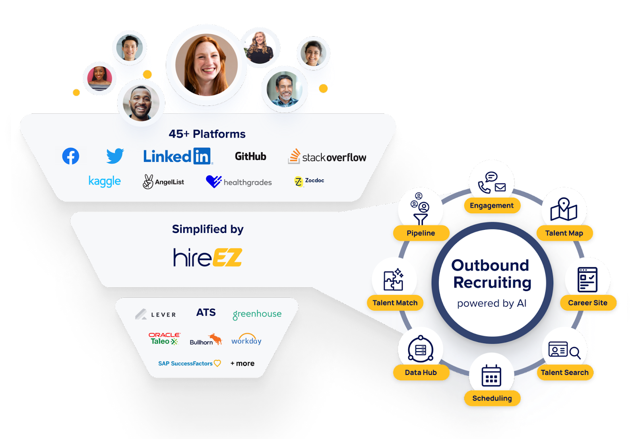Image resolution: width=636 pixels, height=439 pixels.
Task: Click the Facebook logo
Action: [71, 156]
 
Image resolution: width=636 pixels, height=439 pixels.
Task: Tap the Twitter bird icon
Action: [115, 156]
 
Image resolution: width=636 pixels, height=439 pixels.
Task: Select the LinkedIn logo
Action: [178, 156]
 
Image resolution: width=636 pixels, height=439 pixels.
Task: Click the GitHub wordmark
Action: [250, 156]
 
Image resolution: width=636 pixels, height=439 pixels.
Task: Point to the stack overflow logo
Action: [327, 157]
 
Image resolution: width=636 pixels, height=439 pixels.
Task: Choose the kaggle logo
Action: [105, 181]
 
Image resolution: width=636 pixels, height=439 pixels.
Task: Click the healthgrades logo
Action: [239, 182]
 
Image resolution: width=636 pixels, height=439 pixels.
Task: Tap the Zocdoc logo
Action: [309, 181]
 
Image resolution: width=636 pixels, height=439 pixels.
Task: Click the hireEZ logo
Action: [207, 257]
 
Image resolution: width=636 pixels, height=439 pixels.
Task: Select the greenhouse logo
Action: [257, 314]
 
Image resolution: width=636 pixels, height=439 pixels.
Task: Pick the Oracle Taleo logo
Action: [164, 338]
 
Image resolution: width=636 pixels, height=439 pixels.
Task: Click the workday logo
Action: [246, 339]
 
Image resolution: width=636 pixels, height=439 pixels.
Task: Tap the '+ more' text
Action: [242, 363]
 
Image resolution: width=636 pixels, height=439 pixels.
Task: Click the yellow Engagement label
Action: [492, 206]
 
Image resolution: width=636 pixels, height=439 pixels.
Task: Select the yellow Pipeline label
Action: [421, 233]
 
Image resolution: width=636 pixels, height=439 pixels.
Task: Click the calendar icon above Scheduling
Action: [491, 375]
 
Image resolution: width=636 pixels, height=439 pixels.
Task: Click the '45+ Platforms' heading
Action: [207, 134]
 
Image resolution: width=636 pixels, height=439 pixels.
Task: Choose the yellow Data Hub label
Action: [421, 373]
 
